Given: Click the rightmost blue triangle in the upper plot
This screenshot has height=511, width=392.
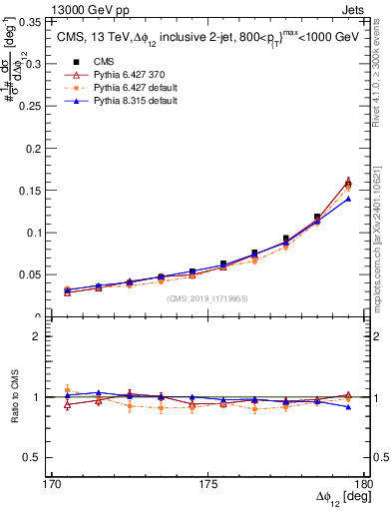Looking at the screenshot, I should (x=348, y=198).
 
